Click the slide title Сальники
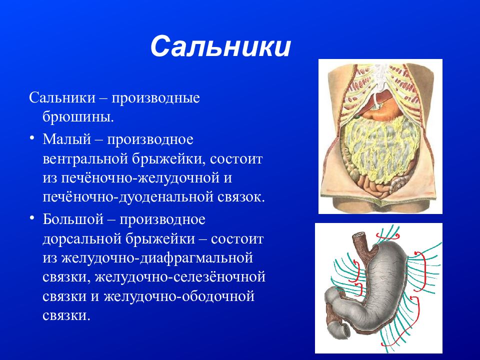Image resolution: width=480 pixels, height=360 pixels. point(220,46)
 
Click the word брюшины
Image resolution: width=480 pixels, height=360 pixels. point(78,116)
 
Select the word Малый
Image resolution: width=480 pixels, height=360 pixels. point(66,139)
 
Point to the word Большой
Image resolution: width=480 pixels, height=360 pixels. point(73,219)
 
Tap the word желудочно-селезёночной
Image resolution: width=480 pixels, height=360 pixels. point(180,277)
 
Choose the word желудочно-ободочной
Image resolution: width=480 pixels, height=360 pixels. point(179,296)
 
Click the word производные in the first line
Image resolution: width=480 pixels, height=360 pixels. point(155,98)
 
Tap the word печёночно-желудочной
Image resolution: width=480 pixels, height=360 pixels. point(137,178)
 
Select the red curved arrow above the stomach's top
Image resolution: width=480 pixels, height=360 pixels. point(388,235)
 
